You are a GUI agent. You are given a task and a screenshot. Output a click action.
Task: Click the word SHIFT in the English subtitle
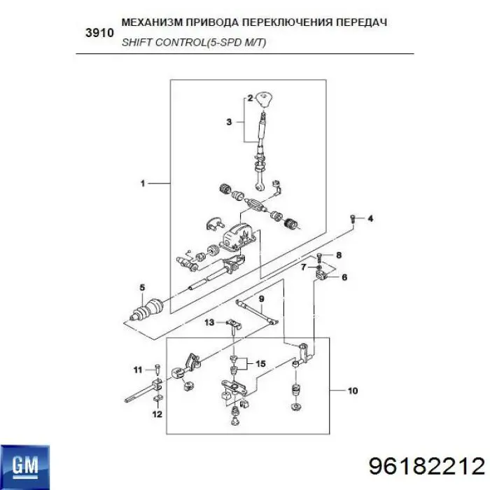[136, 42]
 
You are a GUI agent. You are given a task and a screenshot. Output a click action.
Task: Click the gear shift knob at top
[265, 99]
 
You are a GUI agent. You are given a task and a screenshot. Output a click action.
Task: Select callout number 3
[228, 122]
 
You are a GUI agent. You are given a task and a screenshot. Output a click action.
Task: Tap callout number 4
[371, 219]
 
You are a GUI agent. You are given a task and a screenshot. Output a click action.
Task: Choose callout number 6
[344, 277]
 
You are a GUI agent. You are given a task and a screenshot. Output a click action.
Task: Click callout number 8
[339, 255]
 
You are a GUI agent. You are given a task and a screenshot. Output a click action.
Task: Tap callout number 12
[157, 415]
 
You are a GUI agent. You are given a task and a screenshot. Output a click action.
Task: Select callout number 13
[209, 322]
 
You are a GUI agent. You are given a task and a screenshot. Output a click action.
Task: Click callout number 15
[260, 363]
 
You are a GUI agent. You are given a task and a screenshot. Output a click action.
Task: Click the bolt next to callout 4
[354, 219]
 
